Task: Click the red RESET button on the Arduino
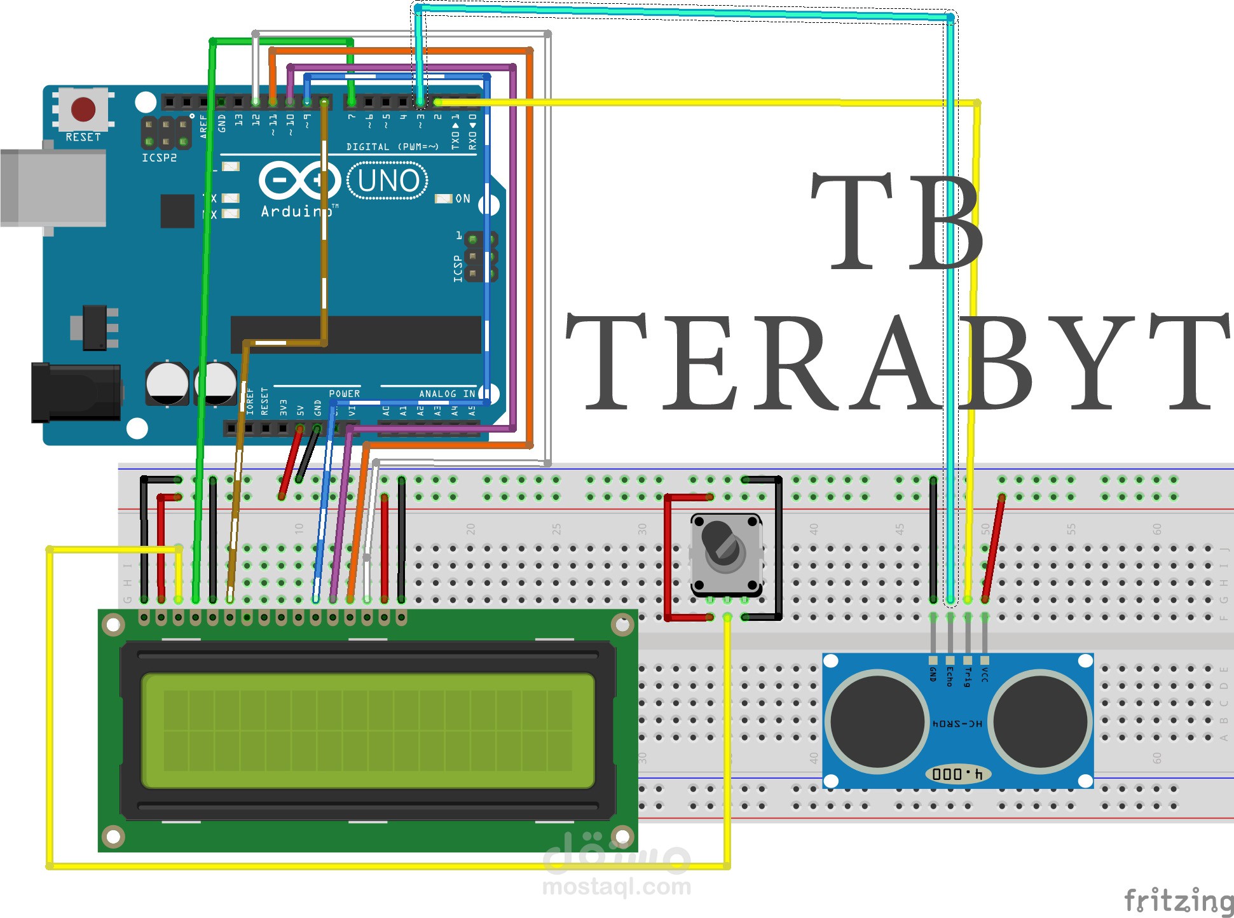pos(83,109)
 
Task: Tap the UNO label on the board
pos(388,181)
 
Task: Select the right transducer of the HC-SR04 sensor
pos(1040,721)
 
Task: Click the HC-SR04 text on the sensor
pos(957,724)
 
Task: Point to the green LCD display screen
pos(367,730)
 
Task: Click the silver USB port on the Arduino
pos(53,188)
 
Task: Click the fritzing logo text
pos(1178,900)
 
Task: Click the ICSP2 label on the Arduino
pos(159,158)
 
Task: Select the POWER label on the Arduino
pos(344,394)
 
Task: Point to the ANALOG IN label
pos(446,394)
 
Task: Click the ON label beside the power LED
pos(463,199)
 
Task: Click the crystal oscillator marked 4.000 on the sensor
pos(957,774)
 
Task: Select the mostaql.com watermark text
pos(616,886)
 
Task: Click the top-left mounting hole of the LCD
pos(114,625)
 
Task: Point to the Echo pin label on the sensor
pos(950,677)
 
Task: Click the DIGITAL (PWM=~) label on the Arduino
pos(392,147)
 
